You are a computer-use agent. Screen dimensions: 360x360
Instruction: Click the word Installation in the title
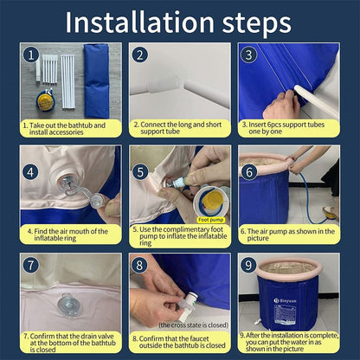139,22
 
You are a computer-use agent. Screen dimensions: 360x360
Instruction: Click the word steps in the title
256,24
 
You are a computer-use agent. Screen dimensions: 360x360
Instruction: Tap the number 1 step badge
31,55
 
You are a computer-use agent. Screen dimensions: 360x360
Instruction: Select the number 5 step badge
140,172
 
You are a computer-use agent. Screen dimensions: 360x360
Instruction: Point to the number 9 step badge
248,266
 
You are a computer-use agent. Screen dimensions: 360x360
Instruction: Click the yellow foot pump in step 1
45,100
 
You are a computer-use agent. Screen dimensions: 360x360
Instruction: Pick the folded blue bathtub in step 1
96,80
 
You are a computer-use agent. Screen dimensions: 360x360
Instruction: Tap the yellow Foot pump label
211,220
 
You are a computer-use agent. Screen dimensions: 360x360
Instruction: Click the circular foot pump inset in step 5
210,202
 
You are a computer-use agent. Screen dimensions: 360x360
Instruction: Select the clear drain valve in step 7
69,305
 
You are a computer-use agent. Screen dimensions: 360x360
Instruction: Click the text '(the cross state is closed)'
194,325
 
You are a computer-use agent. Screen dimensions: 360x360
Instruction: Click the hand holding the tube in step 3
281,106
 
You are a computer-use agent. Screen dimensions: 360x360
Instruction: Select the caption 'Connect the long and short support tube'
177,128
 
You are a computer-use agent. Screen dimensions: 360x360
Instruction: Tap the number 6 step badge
249,172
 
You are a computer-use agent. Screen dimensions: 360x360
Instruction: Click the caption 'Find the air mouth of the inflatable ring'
67,235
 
